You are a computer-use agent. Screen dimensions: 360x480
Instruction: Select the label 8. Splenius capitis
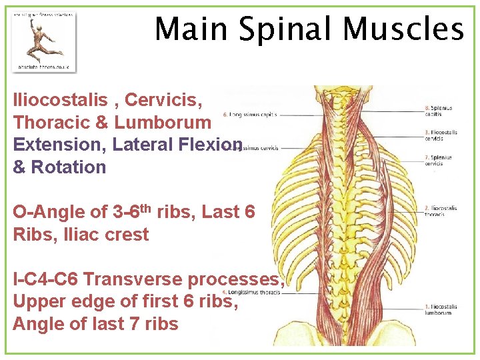coord(441,111)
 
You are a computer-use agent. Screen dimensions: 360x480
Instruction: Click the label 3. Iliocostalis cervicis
coord(441,135)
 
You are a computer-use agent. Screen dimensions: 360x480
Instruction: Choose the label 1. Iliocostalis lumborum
coord(441,309)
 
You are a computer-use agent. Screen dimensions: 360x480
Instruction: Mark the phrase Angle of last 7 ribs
coord(95,325)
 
